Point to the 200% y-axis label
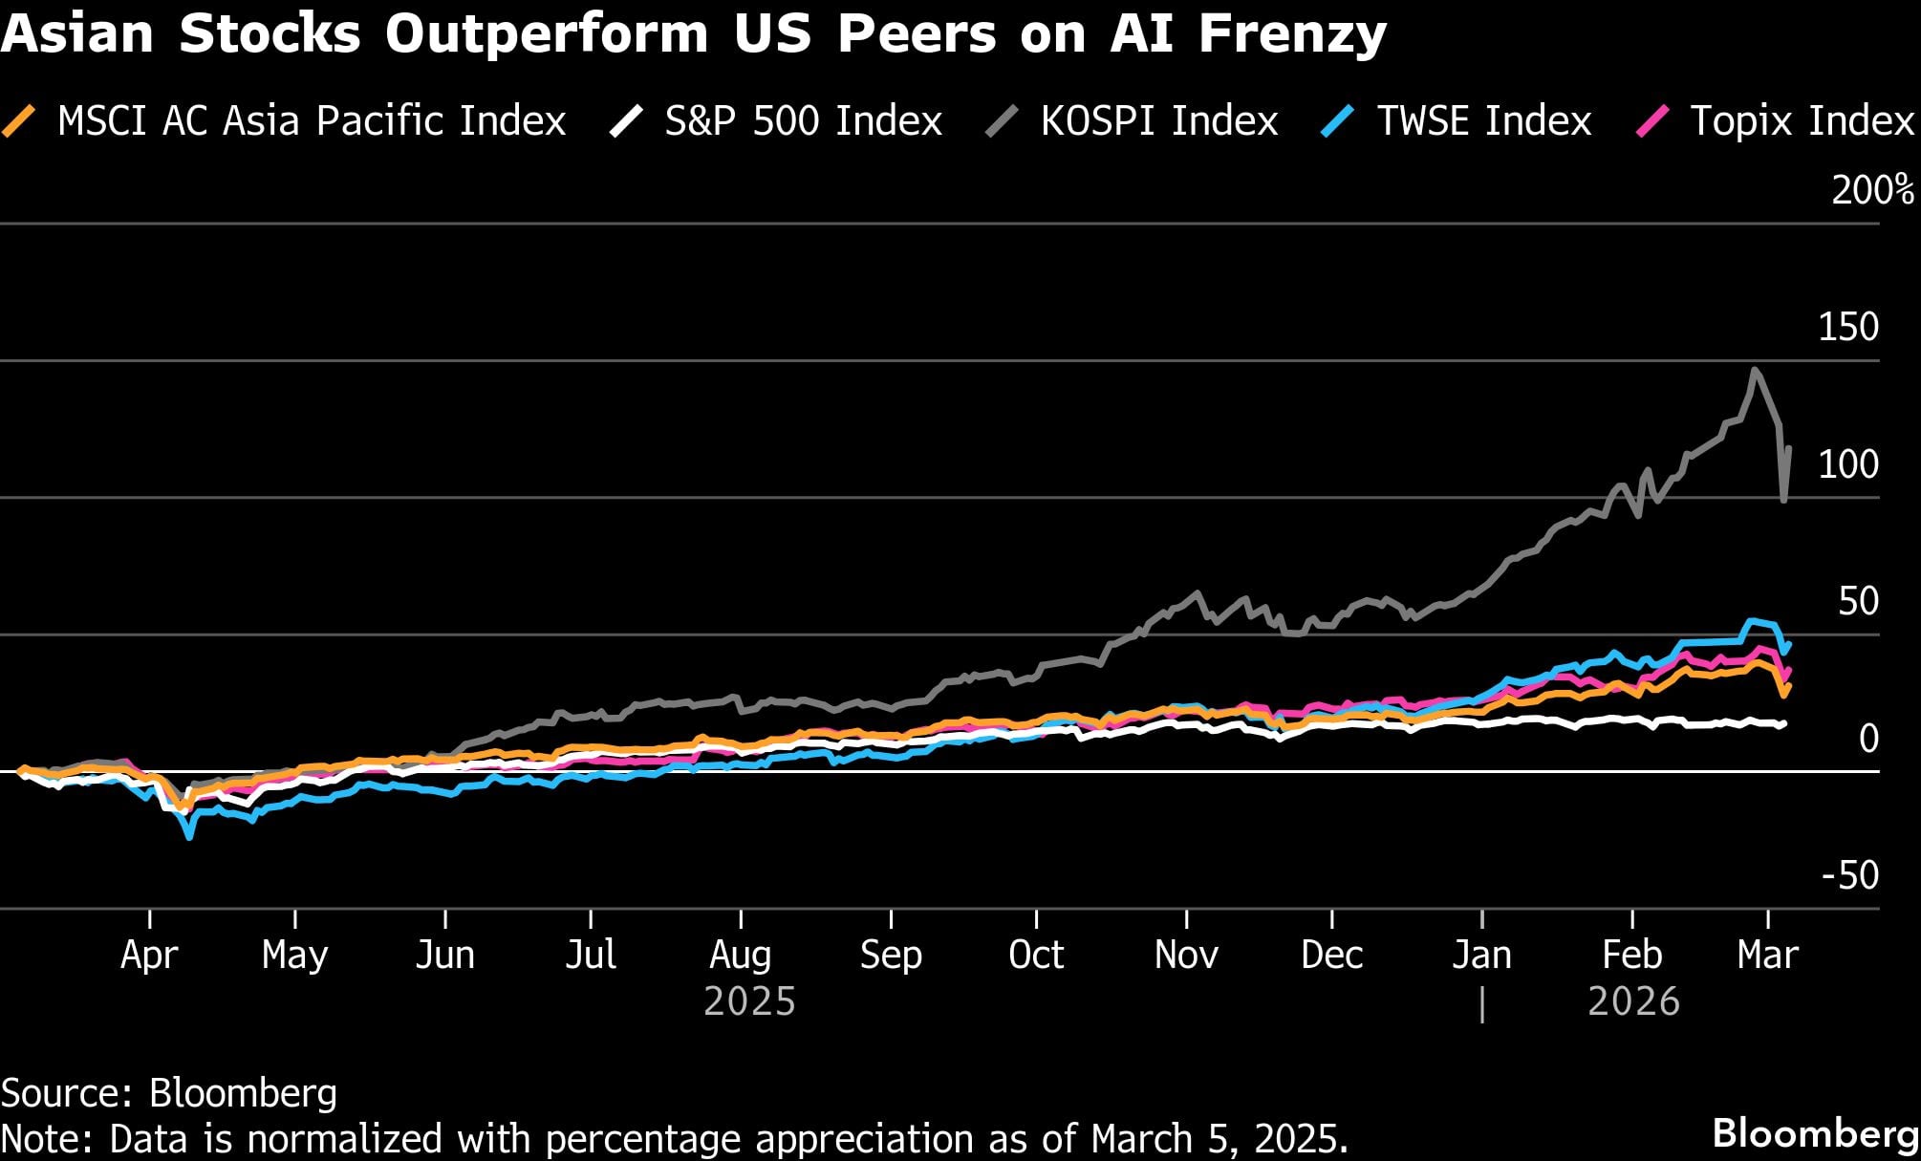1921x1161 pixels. [x=1871, y=190]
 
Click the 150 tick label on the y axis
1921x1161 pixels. [x=1847, y=327]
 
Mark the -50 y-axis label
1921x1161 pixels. [x=1849, y=875]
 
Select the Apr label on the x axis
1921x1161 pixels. [x=149, y=955]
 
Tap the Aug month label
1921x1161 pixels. [x=740, y=955]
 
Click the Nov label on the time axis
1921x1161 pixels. [x=1185, y=955]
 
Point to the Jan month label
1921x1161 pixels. [x=1481, y=955]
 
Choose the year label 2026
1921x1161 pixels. [x=1633, y=1001]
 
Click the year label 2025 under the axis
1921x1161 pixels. [x=749, y=1001]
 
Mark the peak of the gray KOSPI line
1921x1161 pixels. [x=1755, y=370]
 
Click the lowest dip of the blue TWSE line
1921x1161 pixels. [x=189, y=837]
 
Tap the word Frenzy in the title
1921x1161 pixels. [x=1292, y=33]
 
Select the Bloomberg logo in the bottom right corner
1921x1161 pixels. [x=1815, y=1133]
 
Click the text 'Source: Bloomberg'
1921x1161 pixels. [x=169, y=1093]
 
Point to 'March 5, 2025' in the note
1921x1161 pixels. [x=1219, y=1139]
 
